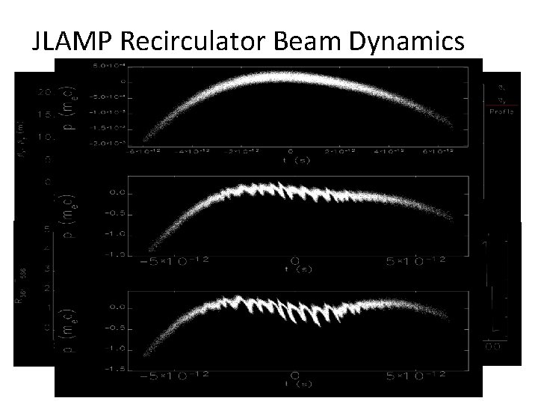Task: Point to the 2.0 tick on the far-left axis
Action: tap(46, 94)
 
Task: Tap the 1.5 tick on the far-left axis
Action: tap(46, 116)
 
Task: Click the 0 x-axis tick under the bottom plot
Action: tap(294, 374)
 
